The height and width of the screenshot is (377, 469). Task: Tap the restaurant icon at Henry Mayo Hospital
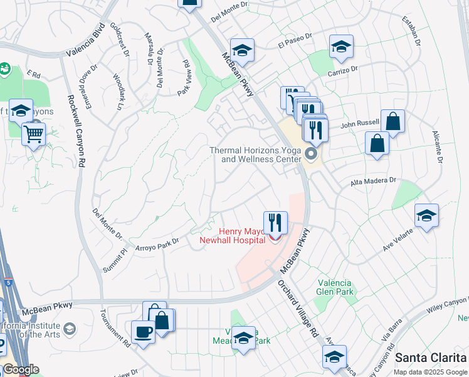click(275, 222)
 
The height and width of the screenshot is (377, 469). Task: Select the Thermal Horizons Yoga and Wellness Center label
click(255, 155)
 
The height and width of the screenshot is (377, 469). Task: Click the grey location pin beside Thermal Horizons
click(312, 154)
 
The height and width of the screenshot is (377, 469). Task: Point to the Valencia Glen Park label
click(335, 287)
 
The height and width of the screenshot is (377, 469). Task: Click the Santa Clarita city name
click(431, 357)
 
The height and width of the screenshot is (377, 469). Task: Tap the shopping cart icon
click(33, 133)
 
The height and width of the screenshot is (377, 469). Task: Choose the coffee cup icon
click(143, 331)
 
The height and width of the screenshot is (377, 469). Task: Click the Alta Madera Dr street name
click(373, 181)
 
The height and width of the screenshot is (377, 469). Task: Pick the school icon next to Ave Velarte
click(426, 216)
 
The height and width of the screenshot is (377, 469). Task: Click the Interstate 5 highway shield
click(8, 274)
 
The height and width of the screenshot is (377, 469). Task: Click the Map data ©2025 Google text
click(430, 372)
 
